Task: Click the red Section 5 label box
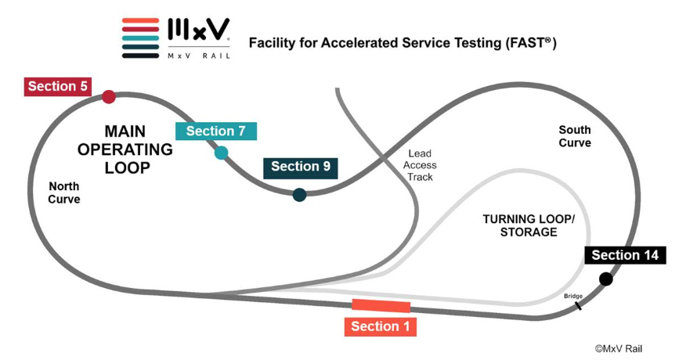click(58, 86)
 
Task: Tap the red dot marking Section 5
click(109, 97)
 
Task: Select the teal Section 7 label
click(216, 131)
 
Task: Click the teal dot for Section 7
click(222, 153)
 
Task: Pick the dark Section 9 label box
click(301, 167)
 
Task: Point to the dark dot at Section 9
click(299, 195)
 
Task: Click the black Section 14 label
click(625, 255)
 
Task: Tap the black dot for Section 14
click(605, 279)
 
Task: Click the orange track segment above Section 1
click(381, 306)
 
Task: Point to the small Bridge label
click(573, 296)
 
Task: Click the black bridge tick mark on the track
click(578, 305)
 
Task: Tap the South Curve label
click(575, 136)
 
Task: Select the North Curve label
click(64, 193)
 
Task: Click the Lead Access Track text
click(421, 165)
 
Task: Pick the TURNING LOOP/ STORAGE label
click(529, 225)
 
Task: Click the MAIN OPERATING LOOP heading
click(128, 149)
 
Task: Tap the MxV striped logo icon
click(141, 38)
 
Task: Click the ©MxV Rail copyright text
click(618, 348)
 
